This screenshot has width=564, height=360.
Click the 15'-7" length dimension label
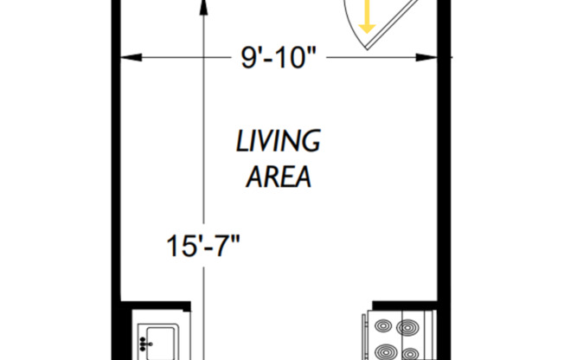click(202, 246)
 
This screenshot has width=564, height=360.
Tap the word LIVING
click(278, 140)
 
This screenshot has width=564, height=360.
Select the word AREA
click(278, 178)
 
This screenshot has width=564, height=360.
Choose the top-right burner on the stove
click(408, 327)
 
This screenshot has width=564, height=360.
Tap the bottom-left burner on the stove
click(383, 351)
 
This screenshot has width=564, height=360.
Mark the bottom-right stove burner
click(408, 351)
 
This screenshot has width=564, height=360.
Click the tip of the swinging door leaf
click(369, 51)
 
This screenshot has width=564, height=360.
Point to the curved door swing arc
click(349, 26)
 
